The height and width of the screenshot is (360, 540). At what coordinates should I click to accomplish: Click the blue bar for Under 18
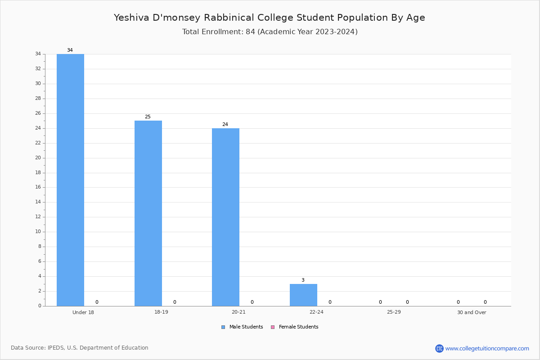[70, 180]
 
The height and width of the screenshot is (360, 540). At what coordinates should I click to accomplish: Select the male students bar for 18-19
[148, 213]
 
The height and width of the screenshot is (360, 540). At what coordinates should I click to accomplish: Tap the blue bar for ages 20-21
[225, 217]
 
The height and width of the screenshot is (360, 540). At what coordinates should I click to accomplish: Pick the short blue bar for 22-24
[303, 295]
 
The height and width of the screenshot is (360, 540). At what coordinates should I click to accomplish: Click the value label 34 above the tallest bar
[70, 50]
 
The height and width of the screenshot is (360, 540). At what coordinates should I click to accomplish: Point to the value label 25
[148, 117]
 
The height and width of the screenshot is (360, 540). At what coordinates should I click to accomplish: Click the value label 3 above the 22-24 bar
[303, 280]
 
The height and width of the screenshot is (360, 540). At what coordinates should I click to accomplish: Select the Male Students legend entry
[242, 327]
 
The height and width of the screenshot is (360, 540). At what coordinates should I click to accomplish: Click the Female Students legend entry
[295, 327]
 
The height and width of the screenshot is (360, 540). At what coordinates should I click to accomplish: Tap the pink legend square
[273, 327]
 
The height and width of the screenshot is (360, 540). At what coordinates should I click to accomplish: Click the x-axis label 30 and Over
[472, 312]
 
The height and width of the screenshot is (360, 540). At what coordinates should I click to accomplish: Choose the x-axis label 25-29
[394, 312]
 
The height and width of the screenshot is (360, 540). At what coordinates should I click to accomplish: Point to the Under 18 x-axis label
[83, 312]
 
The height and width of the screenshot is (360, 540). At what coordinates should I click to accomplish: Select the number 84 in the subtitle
[250, 31]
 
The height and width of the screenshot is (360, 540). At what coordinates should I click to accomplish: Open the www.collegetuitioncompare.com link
[487, 348]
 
